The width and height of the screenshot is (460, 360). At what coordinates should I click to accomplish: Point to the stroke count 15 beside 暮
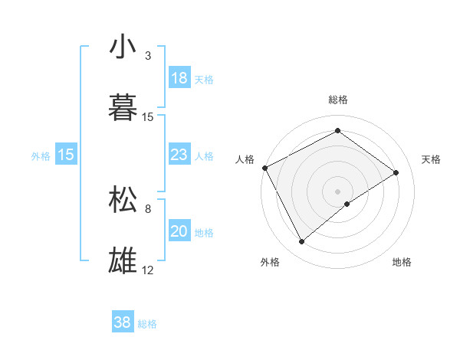point(148,117)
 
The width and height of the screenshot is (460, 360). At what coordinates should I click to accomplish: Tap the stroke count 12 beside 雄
point(148,270)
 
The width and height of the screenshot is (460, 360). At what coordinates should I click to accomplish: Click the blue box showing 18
point(179,78)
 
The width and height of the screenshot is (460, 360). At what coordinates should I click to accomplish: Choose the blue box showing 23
point(179,155)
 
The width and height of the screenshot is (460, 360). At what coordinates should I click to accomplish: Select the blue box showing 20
point(179,231)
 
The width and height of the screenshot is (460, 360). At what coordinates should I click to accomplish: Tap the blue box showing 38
point(122,322)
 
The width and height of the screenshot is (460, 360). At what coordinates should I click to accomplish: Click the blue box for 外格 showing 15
point(66,155)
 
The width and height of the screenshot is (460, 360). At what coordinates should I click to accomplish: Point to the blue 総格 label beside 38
point(147,324)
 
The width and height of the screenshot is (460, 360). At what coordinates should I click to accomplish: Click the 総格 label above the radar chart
point(338,100)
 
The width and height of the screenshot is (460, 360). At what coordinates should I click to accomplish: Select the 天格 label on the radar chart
point(431,159)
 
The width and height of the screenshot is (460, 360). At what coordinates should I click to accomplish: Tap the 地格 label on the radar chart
point(402,262)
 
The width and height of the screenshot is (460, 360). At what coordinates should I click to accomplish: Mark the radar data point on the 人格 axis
point(264,168)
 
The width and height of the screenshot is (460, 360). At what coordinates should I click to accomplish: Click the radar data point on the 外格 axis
point(301,242)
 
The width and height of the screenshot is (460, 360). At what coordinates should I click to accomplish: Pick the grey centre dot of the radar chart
point(338,191)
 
